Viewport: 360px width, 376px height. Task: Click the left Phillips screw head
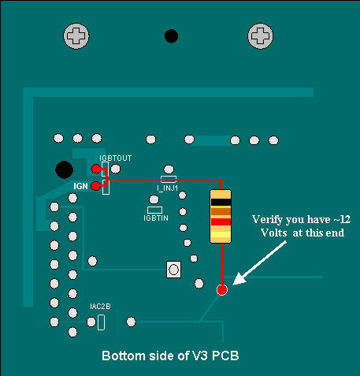coord(76,36)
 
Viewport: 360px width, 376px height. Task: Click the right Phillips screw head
coord(260,36)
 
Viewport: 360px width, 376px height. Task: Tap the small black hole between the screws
coord(171,36)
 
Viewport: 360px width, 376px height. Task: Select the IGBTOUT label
coord(115,158)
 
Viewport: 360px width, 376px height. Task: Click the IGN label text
coord(80,186)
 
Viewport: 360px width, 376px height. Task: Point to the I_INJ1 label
coord(168,188)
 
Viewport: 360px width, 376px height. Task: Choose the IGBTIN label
coord(156,218)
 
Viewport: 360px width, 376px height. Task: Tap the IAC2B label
coord(100,307)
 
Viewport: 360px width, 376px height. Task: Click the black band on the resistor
coord(221,202)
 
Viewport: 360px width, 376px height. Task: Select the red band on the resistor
coord(221,222)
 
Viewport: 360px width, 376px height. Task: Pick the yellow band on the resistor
coord(221,235)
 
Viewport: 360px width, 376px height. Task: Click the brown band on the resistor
coord(221,211)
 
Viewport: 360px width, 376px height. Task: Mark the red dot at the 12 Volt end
coord(222,290)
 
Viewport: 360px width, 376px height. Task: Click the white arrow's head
coord(239,279)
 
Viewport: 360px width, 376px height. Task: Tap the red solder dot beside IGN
coord(95,186)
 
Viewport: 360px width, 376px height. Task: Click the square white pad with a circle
coord(173,270)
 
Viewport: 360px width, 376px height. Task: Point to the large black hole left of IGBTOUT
coord(65,169)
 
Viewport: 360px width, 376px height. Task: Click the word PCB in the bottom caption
coord(225,356)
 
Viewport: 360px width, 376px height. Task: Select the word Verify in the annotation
coord(267,220)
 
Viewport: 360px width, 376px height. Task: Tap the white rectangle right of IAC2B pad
coord(101,322)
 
